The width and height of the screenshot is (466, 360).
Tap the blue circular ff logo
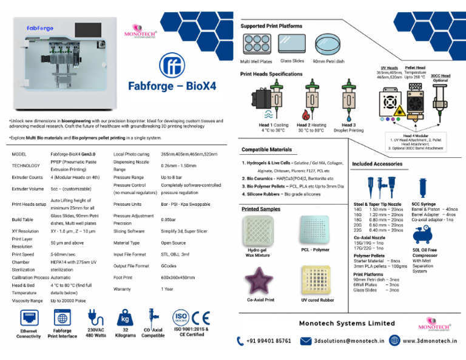171,66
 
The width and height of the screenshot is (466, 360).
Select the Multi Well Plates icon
256,44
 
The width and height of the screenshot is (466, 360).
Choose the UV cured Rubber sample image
317,280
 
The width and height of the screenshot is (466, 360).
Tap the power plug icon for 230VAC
94,318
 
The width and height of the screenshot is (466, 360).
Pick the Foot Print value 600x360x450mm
177,278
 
